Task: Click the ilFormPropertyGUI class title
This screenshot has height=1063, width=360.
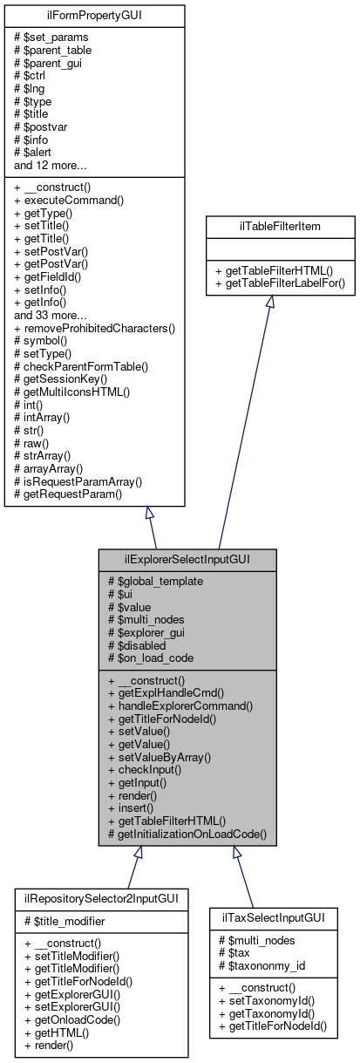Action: point(94,15)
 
